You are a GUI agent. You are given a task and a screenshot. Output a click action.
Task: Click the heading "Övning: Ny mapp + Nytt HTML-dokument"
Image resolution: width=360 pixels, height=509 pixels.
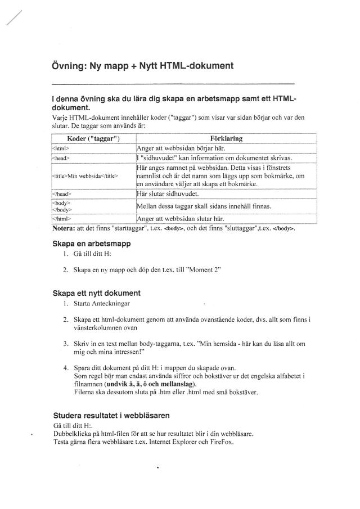point(142,66)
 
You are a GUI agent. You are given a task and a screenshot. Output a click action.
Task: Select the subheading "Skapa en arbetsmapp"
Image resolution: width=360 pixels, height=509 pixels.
point(92,244)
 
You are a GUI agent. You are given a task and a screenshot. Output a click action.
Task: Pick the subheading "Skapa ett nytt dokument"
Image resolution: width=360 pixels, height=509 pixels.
point(96,293)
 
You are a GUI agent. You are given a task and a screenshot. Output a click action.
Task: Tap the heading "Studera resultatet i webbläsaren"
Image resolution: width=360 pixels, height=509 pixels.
point(112,416)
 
